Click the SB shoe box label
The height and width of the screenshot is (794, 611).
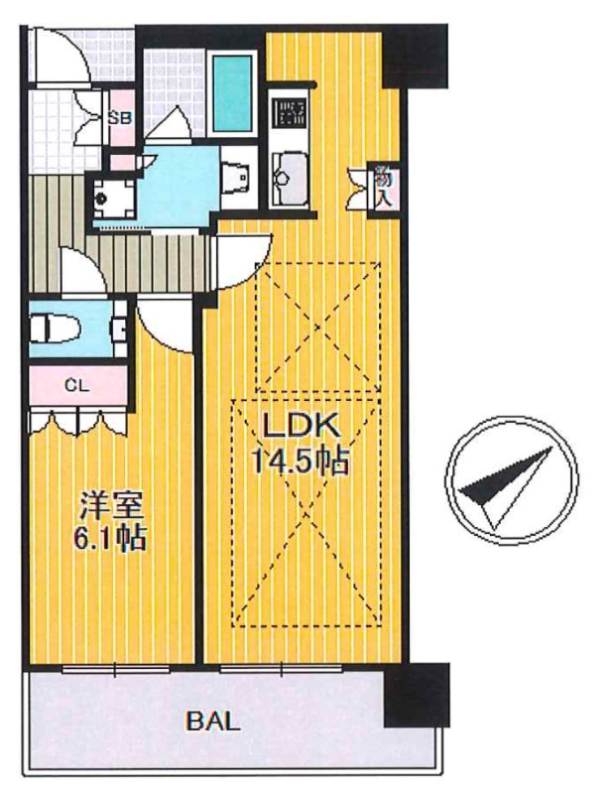(121, 118)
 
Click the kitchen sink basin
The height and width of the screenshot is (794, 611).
(290, 178)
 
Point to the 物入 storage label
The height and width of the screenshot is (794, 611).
(383, 188)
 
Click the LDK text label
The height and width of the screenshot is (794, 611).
(301, 426)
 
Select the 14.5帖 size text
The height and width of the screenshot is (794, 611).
(301, 461)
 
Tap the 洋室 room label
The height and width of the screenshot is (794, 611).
(111, 507)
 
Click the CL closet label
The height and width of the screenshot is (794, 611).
(77, 386)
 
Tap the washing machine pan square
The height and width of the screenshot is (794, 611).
(114, 198)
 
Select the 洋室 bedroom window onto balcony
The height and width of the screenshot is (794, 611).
(115, 669)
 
